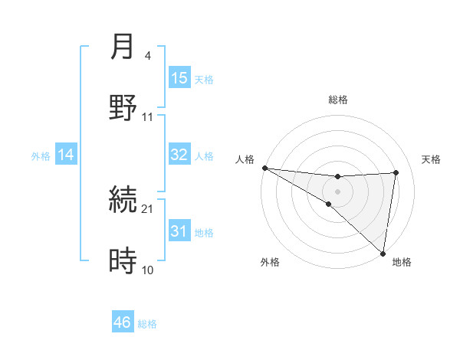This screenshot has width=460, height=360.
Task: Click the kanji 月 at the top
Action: [123, 47]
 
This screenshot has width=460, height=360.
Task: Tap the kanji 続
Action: [123, 201]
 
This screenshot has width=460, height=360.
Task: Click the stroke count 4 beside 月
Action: [148, 56]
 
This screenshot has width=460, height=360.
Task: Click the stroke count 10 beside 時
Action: [148, 270]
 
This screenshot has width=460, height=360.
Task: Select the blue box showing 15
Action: [179, 78]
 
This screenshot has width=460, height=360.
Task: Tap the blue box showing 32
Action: [179, 155]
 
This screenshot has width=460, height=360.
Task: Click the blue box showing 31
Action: [179, 231]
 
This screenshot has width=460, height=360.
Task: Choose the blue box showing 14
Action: [66, 155]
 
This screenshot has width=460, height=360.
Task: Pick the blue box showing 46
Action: [123, 322]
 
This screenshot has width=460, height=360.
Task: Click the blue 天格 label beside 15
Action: [204, 79]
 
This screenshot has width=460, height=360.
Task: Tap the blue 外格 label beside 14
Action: [41, 156]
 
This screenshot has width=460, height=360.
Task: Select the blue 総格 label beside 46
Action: [147, 324]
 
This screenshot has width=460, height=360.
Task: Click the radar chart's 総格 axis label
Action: [338, 100]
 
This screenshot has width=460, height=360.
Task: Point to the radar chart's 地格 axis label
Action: [402, 262]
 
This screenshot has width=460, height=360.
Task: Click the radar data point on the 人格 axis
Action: [264, 168]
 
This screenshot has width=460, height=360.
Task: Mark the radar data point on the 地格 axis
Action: [383, 252]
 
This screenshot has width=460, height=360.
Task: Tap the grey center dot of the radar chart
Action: [337, 190]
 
